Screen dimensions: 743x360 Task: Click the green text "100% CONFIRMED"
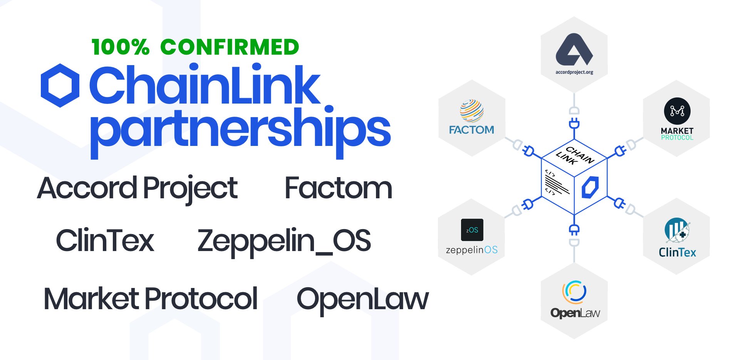pos(195,47)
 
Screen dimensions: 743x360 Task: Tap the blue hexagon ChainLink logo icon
pos(60,85)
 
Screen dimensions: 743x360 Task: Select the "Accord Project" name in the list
pos(138,188)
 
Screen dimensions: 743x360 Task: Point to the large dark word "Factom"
pos(338,188)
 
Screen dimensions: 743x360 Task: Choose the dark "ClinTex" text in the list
pos(105,241)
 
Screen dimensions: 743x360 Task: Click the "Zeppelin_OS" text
pos(284,241)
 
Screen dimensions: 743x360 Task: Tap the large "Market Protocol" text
pos(151,299)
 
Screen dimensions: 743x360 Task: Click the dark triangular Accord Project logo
pos(574,50)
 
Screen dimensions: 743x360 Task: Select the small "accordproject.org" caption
pos(574,72)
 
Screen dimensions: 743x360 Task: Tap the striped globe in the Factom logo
pos(471,111)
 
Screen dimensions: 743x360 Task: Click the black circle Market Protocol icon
pos(677,111)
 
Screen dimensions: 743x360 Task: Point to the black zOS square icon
pos(472,230)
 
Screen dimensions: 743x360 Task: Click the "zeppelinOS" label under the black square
pos(471,250)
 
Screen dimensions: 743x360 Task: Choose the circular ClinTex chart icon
pos(677,230)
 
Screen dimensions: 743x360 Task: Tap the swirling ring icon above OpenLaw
pos(574,292)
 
